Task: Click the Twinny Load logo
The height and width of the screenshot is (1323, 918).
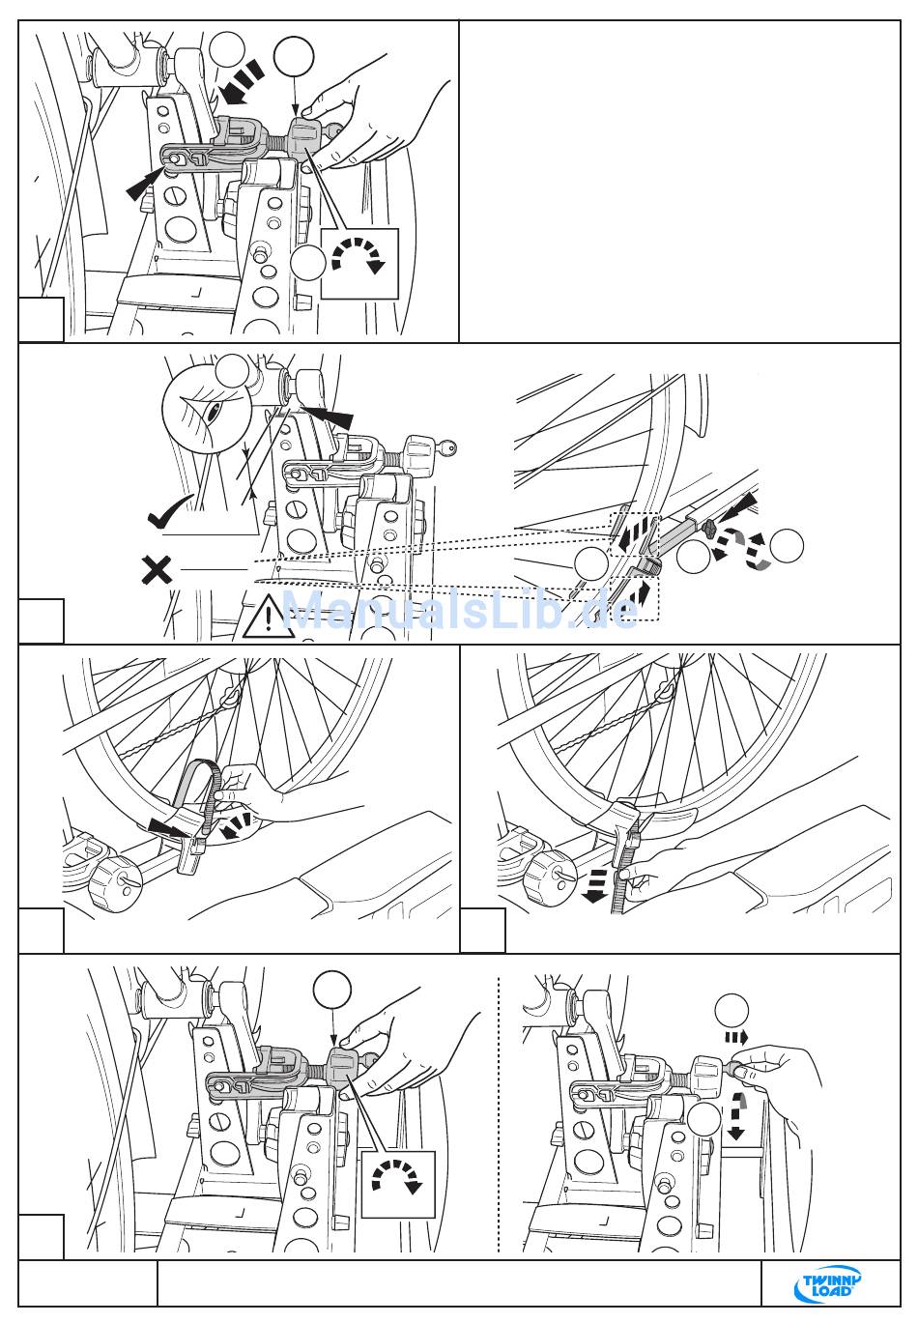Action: (x=831, y=1282)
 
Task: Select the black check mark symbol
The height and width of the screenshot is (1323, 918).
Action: (x=171, y=511)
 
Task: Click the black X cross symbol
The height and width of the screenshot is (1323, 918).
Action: (x=157, y=570)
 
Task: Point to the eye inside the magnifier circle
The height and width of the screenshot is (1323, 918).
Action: (x=214, y=412)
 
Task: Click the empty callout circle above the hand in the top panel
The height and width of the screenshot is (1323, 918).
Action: (x=294, y=55)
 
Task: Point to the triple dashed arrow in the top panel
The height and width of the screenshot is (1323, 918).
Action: (x=240, y=82)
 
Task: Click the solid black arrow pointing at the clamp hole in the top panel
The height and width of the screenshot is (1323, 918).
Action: (x=144, y=184)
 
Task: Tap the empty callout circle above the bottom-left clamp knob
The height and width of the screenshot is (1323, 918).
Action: (x=332, y=990)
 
